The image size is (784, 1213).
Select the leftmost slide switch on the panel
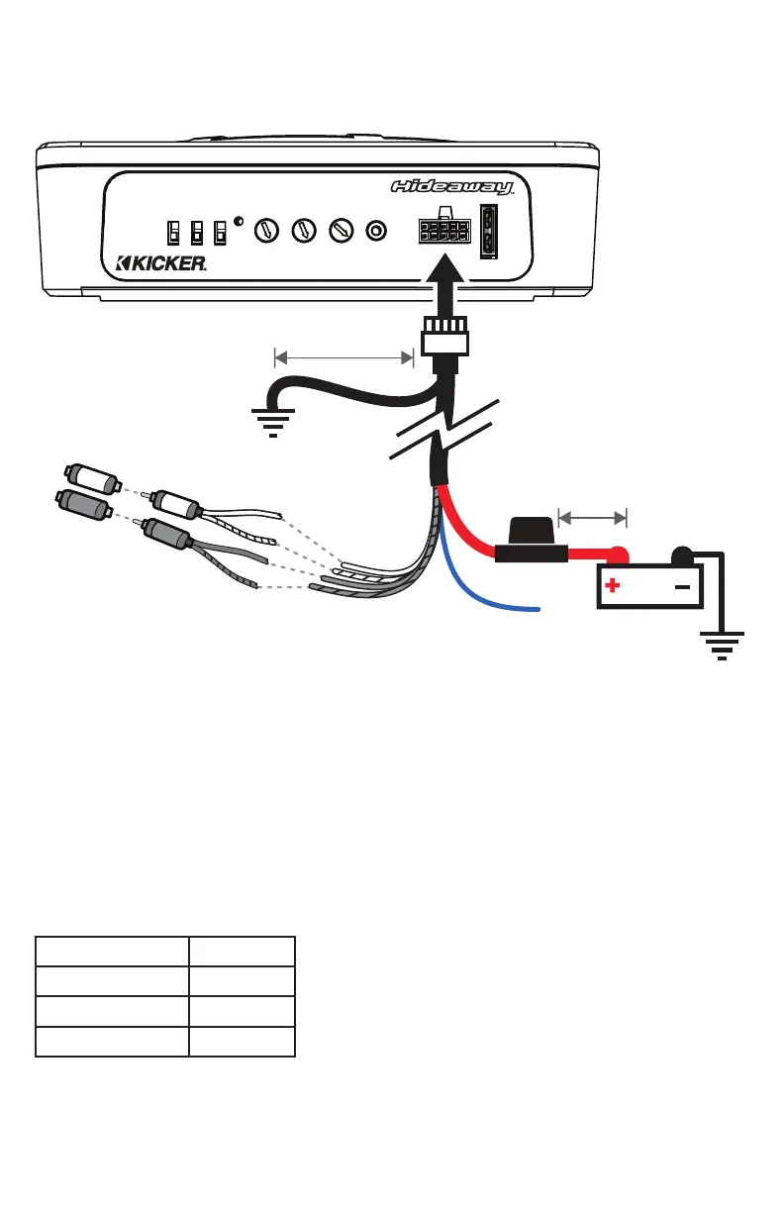[173, 233]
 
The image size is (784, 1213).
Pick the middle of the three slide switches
[197, 233]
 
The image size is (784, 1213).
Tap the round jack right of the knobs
[376, 232]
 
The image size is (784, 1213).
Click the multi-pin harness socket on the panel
[443, 232]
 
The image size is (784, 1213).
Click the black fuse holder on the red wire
[531, 542]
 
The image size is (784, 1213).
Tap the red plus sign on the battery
[613, 586]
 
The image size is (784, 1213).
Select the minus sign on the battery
[681, 586]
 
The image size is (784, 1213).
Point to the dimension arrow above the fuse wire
[593, 516]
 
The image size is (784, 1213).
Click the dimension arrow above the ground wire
[343, 355]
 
